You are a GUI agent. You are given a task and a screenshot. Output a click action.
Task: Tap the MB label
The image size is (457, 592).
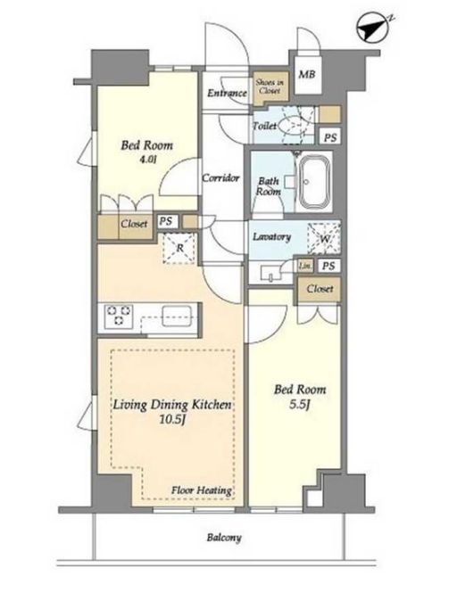(x=306, y=74)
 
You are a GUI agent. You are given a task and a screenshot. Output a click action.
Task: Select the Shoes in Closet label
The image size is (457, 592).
(x=270, y=86)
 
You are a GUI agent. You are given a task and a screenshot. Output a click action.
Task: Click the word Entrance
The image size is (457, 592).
(x=227, y=93)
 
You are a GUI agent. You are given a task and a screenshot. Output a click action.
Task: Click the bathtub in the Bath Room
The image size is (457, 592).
(x=315, y=181)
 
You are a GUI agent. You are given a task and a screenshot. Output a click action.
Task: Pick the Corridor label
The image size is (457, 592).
(x=220, y=177)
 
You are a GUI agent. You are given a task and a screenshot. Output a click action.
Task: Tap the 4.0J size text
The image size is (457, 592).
(x=146, y=160)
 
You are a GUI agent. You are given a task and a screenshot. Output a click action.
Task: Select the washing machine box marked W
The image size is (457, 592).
(x=324, y=239)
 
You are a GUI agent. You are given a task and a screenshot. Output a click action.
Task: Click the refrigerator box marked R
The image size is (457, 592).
(x=179, y=248)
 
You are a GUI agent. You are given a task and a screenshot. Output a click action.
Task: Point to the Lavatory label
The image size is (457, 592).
(x=271, y=237)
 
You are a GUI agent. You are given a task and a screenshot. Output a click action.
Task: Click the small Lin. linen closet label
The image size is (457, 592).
(x=305, y=266)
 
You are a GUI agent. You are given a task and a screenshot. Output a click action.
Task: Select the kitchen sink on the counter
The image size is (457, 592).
(x=177, y=314)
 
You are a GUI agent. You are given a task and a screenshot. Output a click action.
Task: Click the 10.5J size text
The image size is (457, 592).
(x=172, y=419)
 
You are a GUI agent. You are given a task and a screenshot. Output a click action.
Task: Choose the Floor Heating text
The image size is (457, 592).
(x=202, y=490)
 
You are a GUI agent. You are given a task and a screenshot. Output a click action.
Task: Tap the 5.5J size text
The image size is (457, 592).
(x=300, y=405)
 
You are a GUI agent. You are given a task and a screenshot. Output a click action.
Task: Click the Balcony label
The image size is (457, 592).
(x=224, y=538)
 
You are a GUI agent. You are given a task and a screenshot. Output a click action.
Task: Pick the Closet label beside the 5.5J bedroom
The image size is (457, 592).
(x=320, y=289)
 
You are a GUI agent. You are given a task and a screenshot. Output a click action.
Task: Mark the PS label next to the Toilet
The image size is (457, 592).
(x=330, y=137)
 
